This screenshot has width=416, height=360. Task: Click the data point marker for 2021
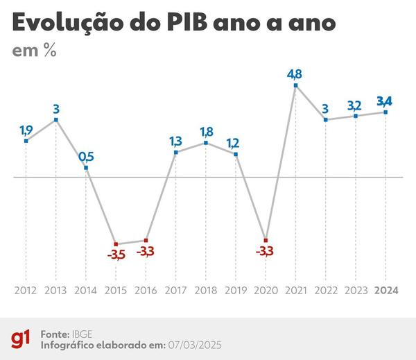tap(296, 86)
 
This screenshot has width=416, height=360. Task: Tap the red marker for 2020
tap(266, 240)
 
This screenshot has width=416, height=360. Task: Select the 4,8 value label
tap(296, 73)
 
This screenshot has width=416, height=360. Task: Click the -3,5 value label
tap(116, 255)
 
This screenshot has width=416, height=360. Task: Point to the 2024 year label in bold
tap(386, 290)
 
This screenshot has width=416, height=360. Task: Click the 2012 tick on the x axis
tap(26, 290)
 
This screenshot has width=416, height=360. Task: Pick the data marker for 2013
tap(56, 120)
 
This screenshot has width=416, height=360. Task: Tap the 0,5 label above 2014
tap(86, 155)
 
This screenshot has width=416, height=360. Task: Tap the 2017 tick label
tap(175, 290)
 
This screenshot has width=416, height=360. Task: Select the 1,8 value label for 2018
tap(206, 130)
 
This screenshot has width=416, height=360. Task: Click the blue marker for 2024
tap(386, 112)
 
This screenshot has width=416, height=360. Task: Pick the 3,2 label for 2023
tap(356, 105)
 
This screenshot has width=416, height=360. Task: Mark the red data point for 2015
tap(116, 243)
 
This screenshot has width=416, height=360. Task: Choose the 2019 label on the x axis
tap(236, 290)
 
